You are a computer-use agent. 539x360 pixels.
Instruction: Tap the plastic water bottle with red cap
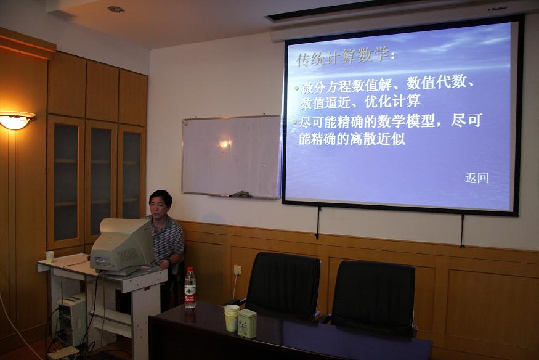(x=190, y=288)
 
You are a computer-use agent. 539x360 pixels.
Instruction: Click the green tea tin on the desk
(x=247, y=323)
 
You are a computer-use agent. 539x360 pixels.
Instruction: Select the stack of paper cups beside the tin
(x=232, y=318)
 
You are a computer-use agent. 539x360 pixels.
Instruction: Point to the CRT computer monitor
(x=122, y=245)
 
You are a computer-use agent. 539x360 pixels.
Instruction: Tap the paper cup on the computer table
(x=50, y=256)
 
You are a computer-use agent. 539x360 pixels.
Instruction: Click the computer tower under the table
(x=72, y=319)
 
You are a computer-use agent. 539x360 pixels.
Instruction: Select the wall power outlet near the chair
(x=237, y=270)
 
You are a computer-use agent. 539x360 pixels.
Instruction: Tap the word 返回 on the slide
(x=477, y=178)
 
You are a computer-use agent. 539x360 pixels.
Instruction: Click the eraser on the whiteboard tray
(x=242, y=194)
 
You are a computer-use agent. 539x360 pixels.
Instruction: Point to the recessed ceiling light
(x=116, y=10)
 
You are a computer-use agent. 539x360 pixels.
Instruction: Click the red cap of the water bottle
(x=190, y=269)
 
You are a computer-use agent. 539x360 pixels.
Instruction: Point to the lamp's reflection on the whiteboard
(x=225, y=144)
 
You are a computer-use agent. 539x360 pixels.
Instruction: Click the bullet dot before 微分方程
(x=297, y=88)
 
